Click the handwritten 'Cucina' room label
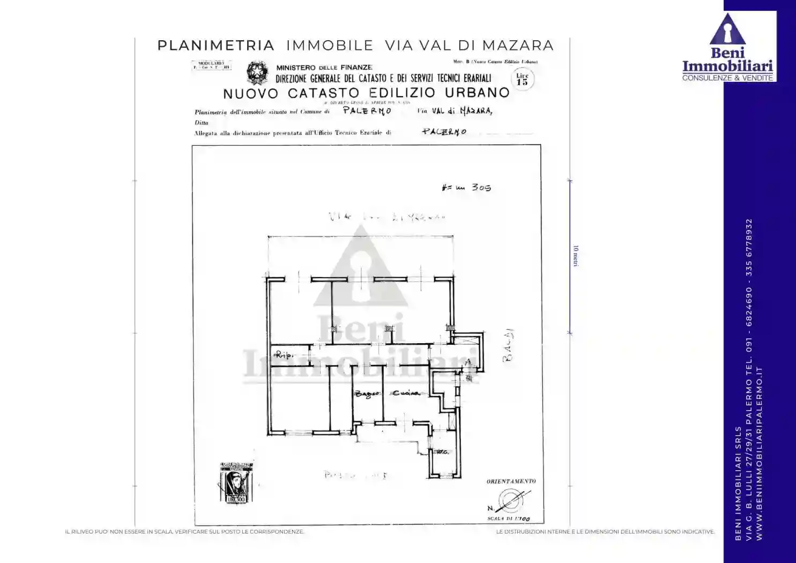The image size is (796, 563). click(x=405, y=394)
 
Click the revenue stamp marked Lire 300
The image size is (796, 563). click(x=235, y=483)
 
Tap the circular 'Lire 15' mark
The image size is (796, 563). click(x=522, y=79)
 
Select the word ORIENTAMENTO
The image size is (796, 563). click(x=511, y=481)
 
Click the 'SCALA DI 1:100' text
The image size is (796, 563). click(x=508, y=519)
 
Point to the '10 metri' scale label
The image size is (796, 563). click(x=576, y=256)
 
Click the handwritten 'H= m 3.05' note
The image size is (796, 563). click(x=466, y=188)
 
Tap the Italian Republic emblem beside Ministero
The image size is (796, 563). click(x=257, y=73)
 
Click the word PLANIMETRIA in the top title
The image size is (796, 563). click(x=215, y=46)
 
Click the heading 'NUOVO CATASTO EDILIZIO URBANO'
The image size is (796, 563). click(x=366, y=93)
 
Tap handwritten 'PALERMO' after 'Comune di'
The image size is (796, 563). click(x=367, y=111)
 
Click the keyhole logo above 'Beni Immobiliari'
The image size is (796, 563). click(x=727, y=29)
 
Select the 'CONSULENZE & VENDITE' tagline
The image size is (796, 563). click(x=727, y=78)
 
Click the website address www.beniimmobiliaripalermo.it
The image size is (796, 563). click(x=759, y=453)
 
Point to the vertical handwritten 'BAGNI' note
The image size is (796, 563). click(x=508, y=345)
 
